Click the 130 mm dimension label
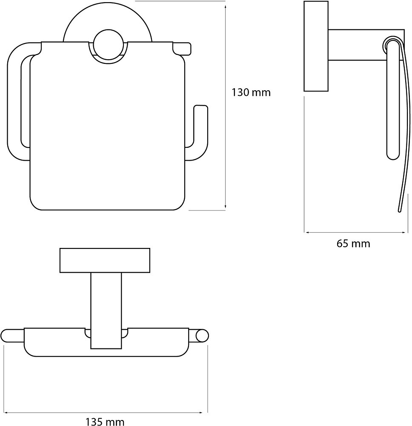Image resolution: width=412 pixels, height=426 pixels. coord(251,92)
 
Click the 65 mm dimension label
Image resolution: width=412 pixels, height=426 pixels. coord(353,243)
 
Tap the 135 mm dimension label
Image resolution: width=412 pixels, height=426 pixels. coord(105,422)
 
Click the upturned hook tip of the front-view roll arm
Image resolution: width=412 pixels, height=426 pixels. coord(201,106)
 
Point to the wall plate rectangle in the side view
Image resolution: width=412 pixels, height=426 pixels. coord(316,46)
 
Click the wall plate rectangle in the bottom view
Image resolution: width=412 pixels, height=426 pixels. coord(105,260)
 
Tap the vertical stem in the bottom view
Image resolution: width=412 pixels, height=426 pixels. coord(106,311)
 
